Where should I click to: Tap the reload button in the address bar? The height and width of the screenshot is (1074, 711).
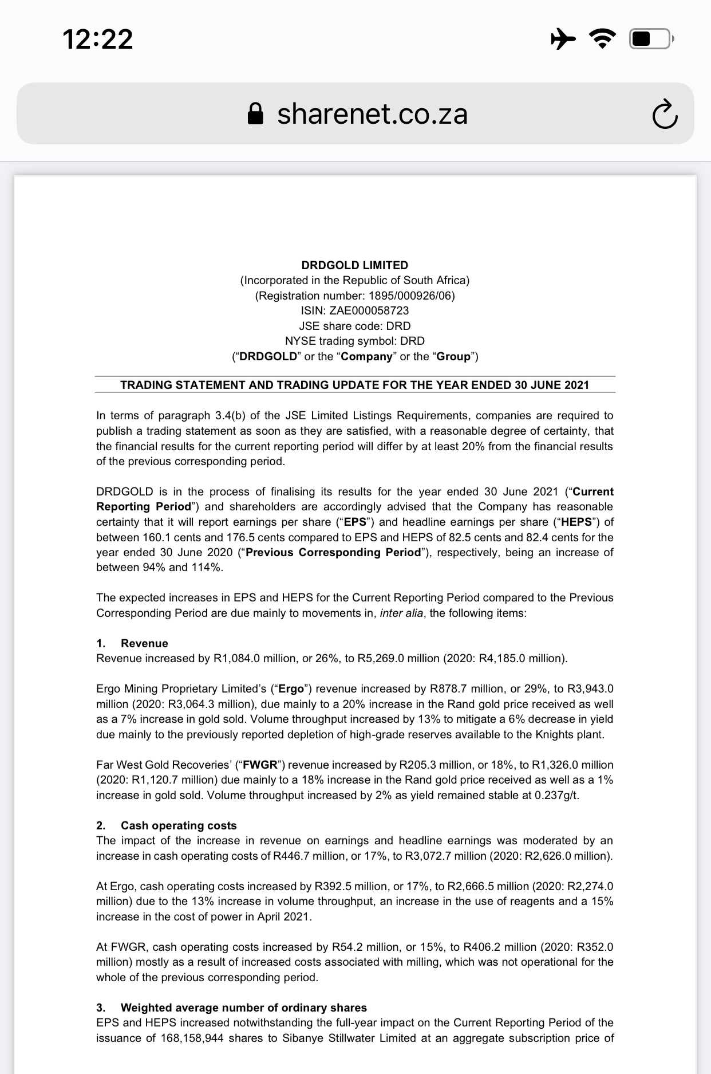point(665,115)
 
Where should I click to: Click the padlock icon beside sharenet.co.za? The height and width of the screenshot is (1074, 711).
point(255,114)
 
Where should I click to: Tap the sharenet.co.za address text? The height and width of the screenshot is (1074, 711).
point(372,114)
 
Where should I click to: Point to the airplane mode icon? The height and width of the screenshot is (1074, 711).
point(563,39)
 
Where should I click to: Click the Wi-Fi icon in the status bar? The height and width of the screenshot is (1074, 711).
point(603,39)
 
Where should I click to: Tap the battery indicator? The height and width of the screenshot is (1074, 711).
point(651,39)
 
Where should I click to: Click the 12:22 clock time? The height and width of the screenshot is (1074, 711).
point(98,40)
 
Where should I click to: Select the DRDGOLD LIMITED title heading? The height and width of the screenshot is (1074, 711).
point(355,265)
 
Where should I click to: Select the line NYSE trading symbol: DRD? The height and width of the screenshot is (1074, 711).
point(355,341)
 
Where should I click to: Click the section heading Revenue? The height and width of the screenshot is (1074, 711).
point(144,643)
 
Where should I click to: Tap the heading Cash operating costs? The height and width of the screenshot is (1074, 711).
point(179,825)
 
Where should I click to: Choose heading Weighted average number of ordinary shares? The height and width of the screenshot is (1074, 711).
point(244,1008)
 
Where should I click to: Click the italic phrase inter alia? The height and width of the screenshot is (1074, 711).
point(401,613)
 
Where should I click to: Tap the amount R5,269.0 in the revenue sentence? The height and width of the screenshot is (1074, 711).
point(378,658)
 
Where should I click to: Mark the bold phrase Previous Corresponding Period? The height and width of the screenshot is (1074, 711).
point(333,552)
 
